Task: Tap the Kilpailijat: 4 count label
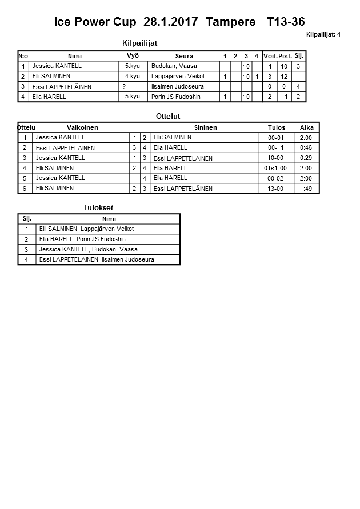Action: [323, 35]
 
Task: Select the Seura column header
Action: [184, 56]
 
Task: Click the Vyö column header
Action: [133, 55]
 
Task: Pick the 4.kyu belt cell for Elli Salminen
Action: [133, 77]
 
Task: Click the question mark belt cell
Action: [124, 86]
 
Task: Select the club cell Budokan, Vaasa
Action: [174, 66]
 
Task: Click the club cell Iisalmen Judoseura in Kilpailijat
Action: [178, 87]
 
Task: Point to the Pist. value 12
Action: [285, 77]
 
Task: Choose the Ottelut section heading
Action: [168, 117]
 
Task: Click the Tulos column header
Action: [277, 127]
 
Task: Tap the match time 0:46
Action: [306, 148]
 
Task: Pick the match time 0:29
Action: [306, 158]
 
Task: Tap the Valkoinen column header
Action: [82, 127]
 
